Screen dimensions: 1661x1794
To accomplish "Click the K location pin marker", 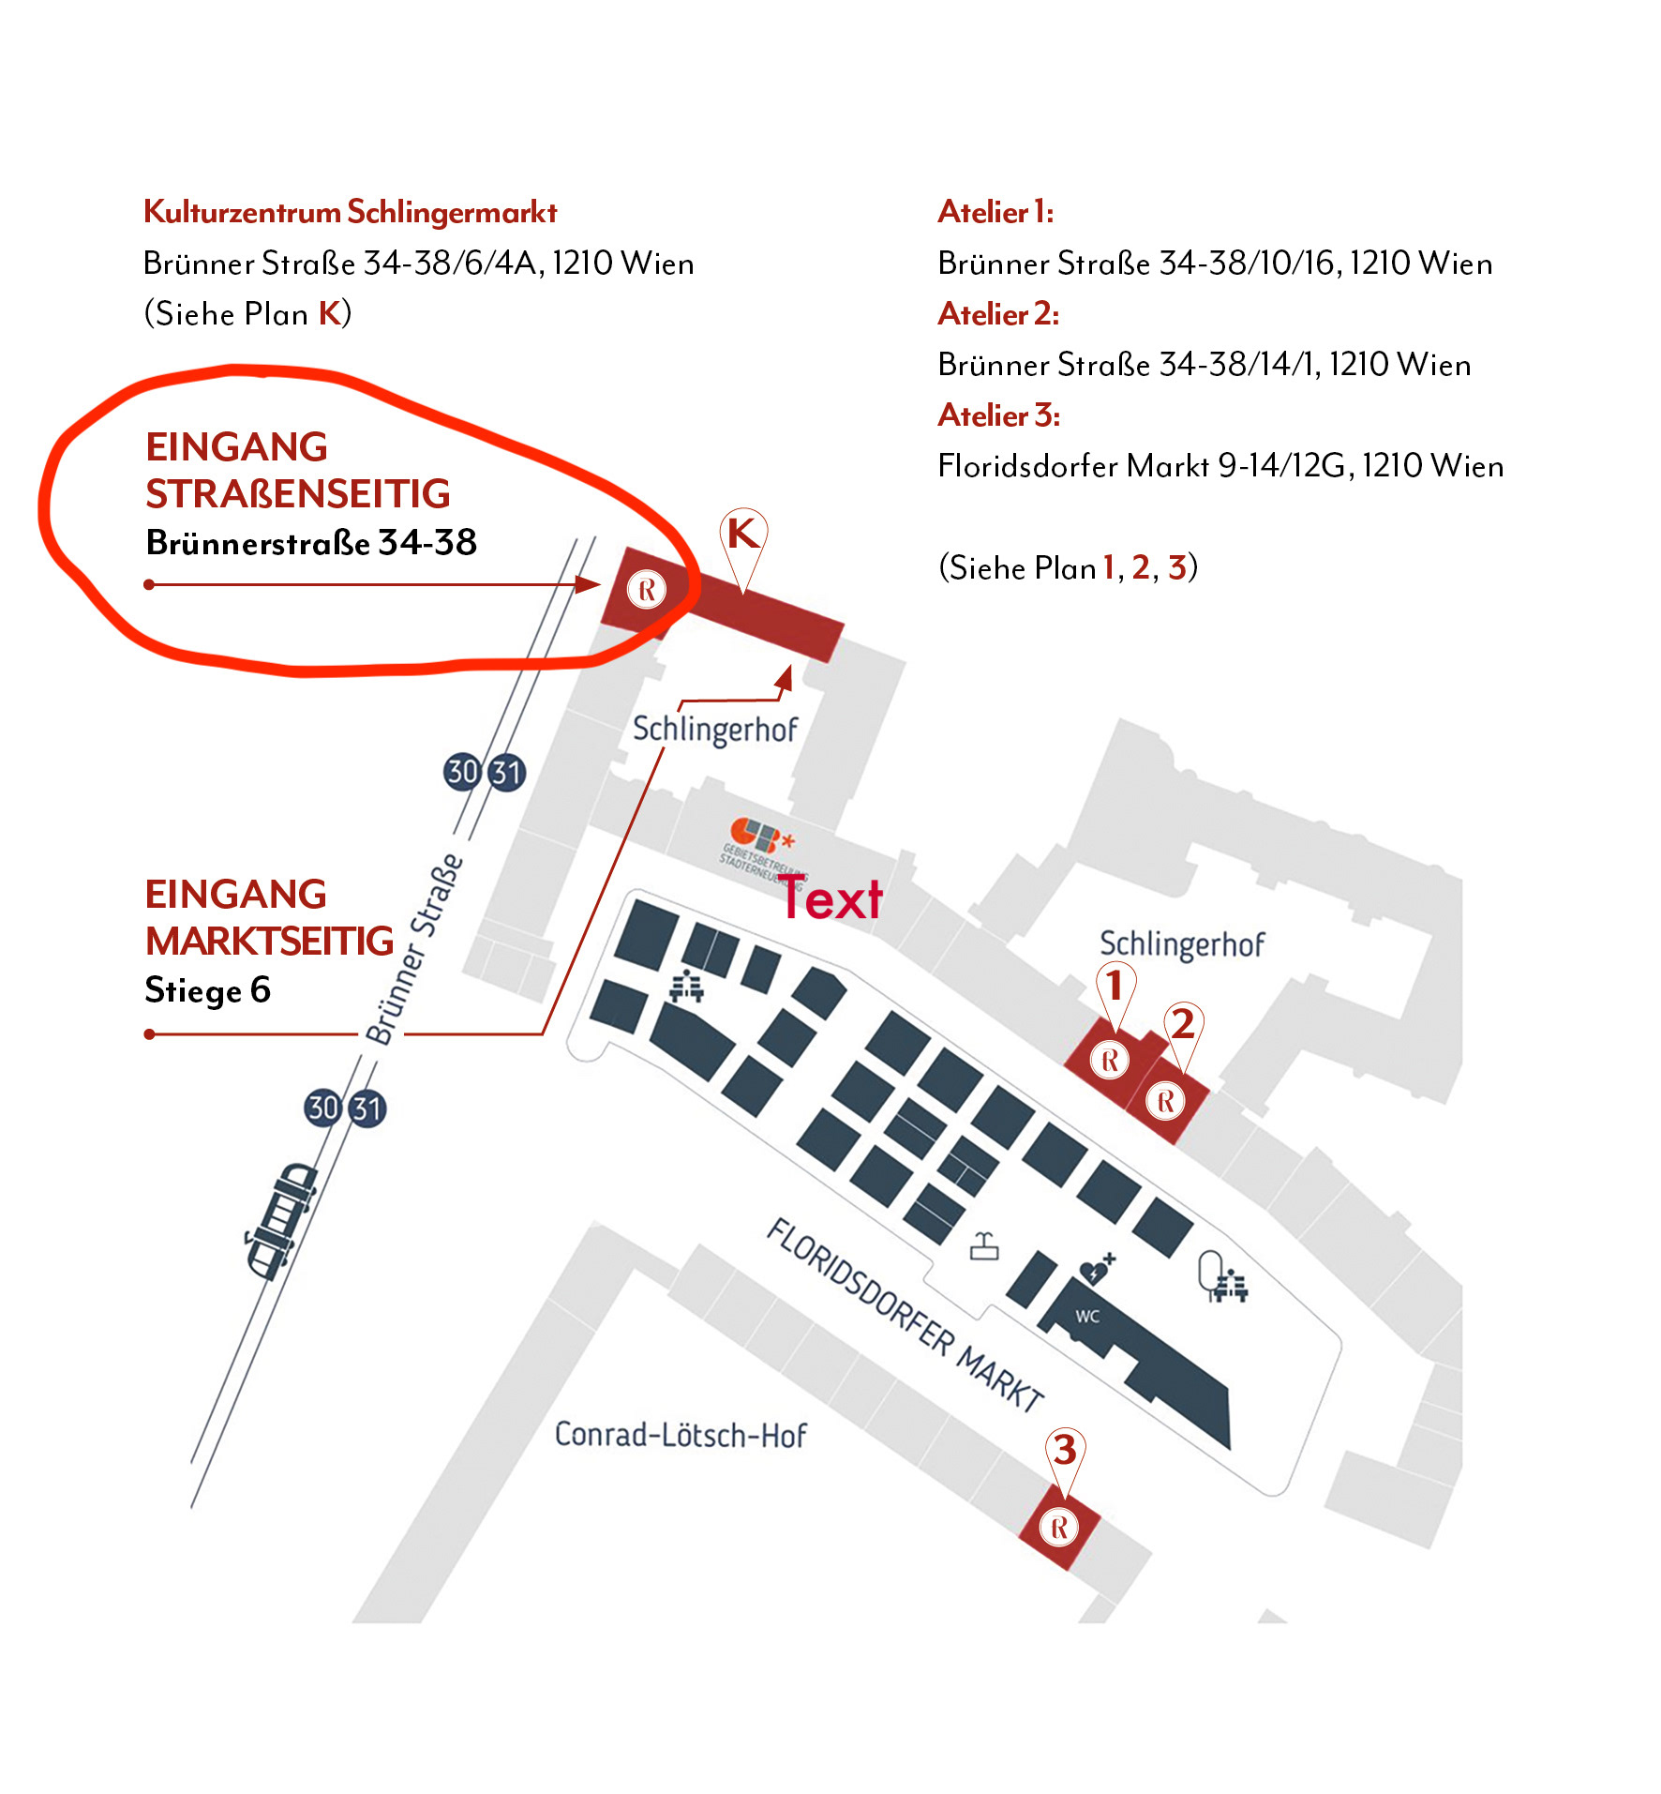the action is (x=743, y=536).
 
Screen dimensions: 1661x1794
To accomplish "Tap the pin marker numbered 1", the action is (x=1115, y=987).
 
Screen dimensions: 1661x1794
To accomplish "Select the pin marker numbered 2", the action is (x=1183, y=1025).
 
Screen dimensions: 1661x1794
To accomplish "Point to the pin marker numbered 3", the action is (x=1065, y=1451).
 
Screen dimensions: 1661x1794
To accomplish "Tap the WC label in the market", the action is (x=1087, y=1316).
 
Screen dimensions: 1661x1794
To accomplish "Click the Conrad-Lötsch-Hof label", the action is (x=681, y=1435).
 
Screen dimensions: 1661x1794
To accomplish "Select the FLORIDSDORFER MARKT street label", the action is (x=905, y=1314).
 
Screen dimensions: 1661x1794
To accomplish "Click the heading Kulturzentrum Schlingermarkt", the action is (x=351, y=213).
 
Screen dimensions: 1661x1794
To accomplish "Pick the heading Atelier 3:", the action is (x=998, y=415).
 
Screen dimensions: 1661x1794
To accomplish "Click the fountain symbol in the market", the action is (x=984, y=1245).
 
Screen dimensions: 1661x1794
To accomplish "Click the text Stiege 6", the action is (x=207, y=990).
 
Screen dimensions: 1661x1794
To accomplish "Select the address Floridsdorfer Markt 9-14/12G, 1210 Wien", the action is (x=1220, y=466).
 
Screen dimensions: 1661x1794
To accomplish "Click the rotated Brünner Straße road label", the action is (x=414, y=949).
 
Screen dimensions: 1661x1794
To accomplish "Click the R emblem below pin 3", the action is (x=1059, y=1528).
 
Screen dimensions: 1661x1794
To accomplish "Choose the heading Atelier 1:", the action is (x=995, y=213).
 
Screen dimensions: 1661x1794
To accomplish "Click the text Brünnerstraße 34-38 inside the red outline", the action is (x=311, y=542).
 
